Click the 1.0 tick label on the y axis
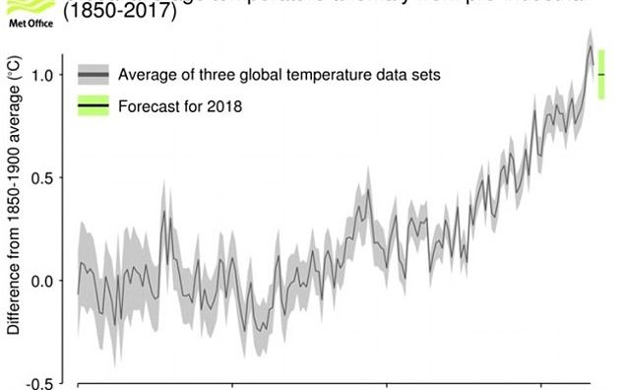[48, 75]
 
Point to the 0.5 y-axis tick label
[48, 178]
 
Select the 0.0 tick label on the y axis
[48, 281]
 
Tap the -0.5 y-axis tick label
[45, 383]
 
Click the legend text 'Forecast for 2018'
[179, 105]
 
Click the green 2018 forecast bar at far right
[601, 74]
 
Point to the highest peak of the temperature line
[590, 46]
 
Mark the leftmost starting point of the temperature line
[78, 293]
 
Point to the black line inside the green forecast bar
[601, 75]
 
